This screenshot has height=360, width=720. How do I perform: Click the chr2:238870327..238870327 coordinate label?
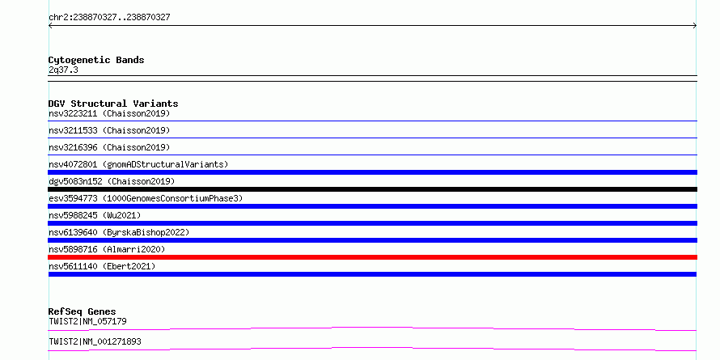tap(109, 18)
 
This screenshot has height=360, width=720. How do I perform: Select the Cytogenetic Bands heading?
tap(96, 60)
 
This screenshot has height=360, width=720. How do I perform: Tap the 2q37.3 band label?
tap(63, 70)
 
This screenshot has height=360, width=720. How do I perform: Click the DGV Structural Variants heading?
tap(113, 104)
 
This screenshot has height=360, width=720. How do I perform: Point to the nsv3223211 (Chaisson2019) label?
tap(109, 113)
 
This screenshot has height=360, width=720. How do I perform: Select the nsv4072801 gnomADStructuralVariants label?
tap(138, 164)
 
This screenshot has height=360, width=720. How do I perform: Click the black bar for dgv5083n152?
tap(372, 189)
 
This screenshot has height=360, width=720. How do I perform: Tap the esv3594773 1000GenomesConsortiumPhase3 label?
tap(146, 198)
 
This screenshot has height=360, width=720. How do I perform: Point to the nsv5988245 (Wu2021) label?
tap(95, 215)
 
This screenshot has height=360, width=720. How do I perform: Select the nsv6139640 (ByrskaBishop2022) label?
tap(119, 232)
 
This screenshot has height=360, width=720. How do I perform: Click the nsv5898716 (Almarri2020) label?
tap(107, 249)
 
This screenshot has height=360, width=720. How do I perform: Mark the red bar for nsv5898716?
tap(372, 257)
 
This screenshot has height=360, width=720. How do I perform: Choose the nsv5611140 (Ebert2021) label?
tap(102, 266)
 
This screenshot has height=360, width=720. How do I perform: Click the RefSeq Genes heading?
tap(82, 311)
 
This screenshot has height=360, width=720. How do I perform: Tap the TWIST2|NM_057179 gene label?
tap(87, 321)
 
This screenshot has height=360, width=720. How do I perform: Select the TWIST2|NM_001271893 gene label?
tap(95, 341)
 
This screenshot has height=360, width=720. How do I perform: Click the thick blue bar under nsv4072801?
tap(372, 172)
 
